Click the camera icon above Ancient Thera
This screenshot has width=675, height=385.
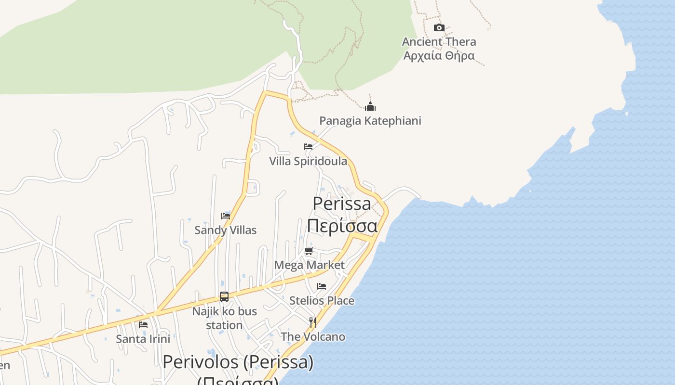pyautogui.click(x=439, y=28)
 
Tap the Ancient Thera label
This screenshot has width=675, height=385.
pyautogui.click(x=439, y=42)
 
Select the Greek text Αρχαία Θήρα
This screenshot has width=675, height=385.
pyautogui.click(x=439, y=55)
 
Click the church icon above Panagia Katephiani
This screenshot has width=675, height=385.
pyautogui.click(x=370, y=106)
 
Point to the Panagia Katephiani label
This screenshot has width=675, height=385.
pyautogui.click(x=370, y=121)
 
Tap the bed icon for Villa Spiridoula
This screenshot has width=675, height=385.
pyautogui.click(x=308, y=147)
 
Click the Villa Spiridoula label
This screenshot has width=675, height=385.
pyautogui.click(x=308, y=161)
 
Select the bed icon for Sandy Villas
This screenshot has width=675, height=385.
pyautogui.click(x=225, y=216)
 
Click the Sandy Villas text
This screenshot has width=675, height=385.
pyautogui.click(x=225, y=230)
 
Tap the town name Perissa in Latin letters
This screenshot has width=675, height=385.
pyautogui.click(x=342, y=204)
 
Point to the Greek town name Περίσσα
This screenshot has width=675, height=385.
pyautogui.click(x=342, y=225)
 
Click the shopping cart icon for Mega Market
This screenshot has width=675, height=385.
pyautogui.click(x=309, y=251)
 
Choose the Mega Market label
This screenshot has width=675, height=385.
pyautogui.click(x=309, y=265)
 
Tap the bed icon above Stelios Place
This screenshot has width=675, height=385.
pyautogui.click(x=322, y=286)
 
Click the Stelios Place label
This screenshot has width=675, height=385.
pyautogui.click(x=322, y=301)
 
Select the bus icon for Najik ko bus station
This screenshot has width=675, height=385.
pyautogui.click(x=224, y=296)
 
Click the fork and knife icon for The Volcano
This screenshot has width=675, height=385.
pyautogui.click(x=313, y=322)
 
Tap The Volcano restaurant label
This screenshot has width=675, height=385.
pyautogui.click(x=313, y=337)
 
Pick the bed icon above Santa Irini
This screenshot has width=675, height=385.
pyautogui.click(x=143, y=324)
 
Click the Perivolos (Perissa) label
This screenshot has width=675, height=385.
pyautogui.click(x=238, y=362)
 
